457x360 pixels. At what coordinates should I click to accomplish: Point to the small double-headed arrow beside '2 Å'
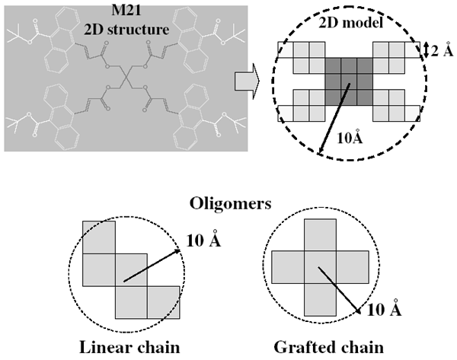click(425, 51)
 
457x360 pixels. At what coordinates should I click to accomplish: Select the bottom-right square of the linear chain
click(164, 302)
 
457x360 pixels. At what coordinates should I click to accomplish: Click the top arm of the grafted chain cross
click(321, 235)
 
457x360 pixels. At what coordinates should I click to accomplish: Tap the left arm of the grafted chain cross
click(288, 269)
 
